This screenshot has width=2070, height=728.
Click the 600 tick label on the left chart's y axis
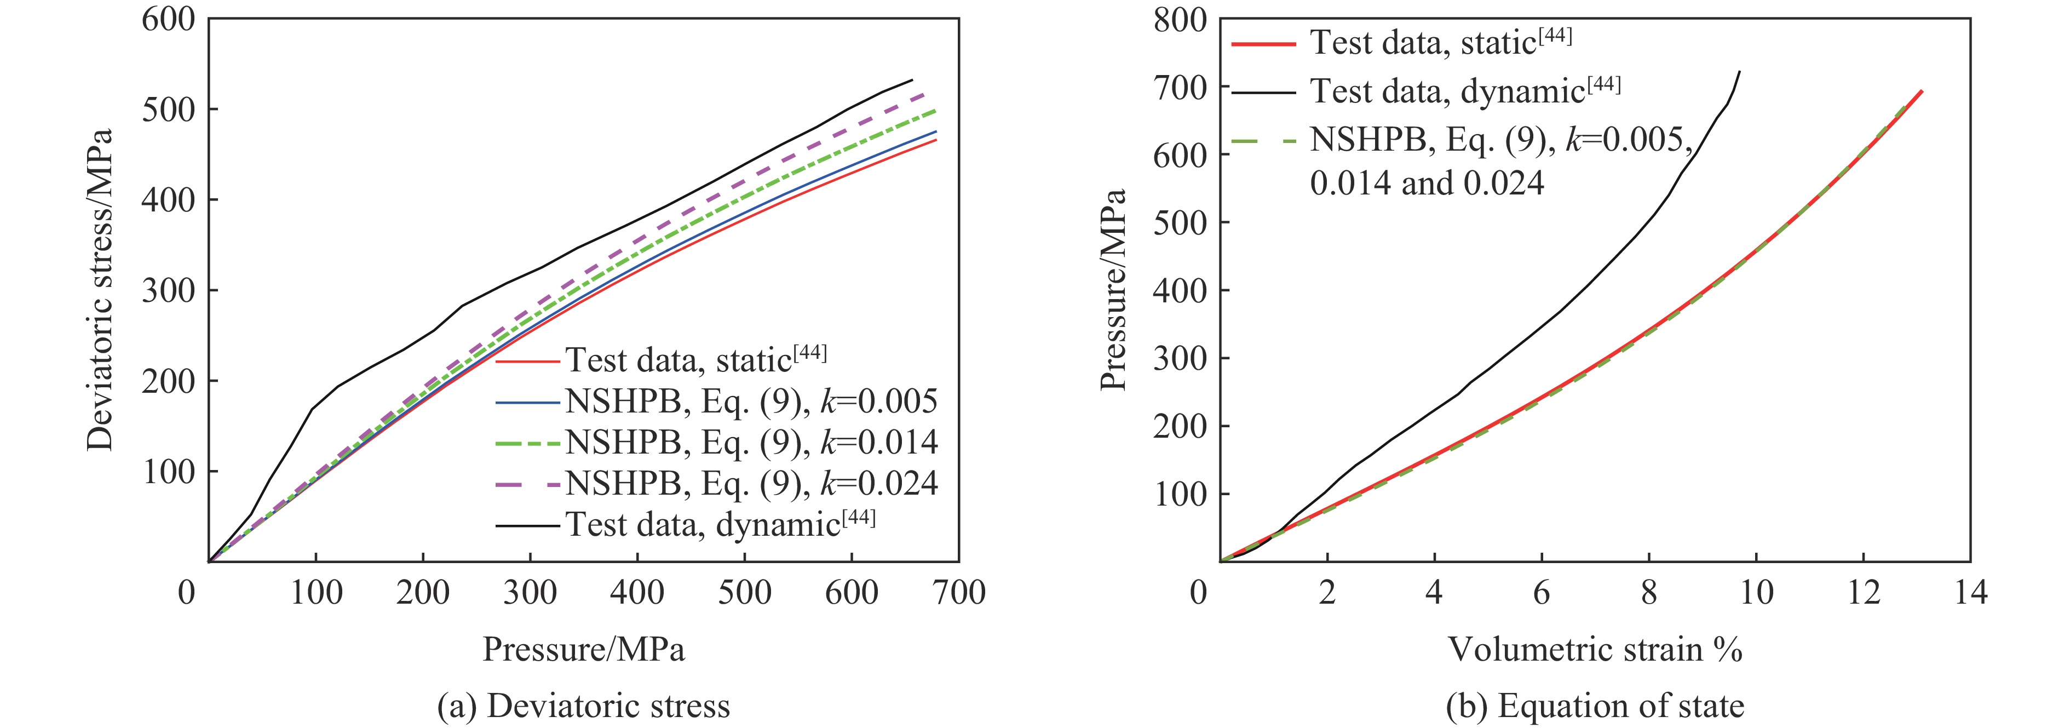click(x=169, y=19)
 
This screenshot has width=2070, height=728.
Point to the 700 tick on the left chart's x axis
click(x=959, y=593)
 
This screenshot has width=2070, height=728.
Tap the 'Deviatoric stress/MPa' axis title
click(x=100, y=289)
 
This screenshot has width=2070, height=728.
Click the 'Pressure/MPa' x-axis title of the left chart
click(x=583, y=649)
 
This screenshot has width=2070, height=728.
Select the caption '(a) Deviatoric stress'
click(x=583, y=706)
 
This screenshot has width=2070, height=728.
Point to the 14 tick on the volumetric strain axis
click(x=1970, y=593)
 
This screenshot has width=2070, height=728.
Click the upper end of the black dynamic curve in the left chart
click(x=912, y=79)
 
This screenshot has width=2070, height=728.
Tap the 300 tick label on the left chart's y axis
click(x=169, y=290)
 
